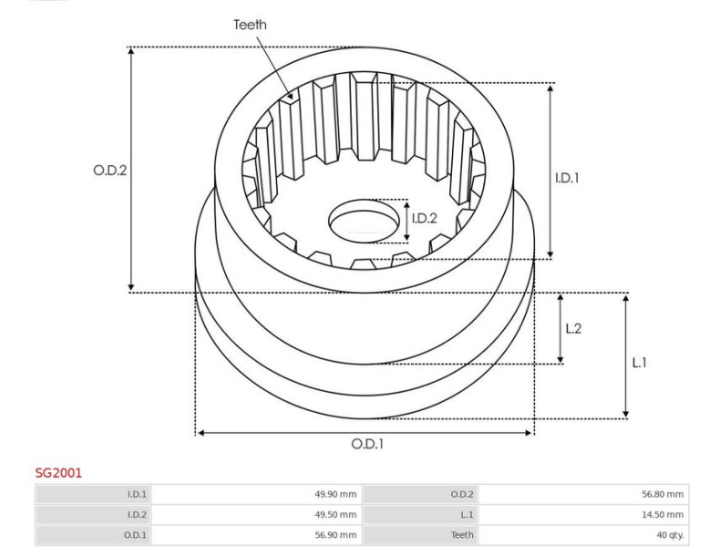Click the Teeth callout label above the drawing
pos(250,25)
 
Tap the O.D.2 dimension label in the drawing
pos(109,170)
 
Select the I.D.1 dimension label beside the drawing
pos(567,178)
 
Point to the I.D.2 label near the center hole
pos(425,219)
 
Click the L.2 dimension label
pos(573,328)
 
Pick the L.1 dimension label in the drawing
pos(639,363)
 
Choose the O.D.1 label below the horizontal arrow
pos(367,444)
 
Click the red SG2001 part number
pos(58,473)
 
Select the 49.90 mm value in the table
pos(335,494)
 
